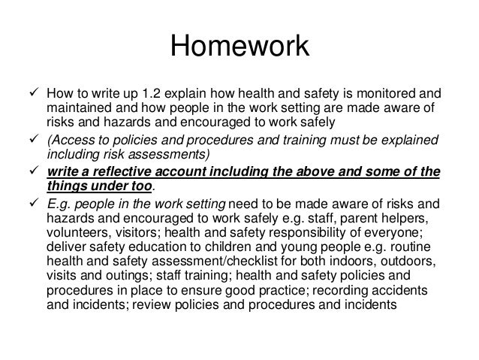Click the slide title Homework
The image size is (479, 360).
pyautogui.click(x=239, y=47)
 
